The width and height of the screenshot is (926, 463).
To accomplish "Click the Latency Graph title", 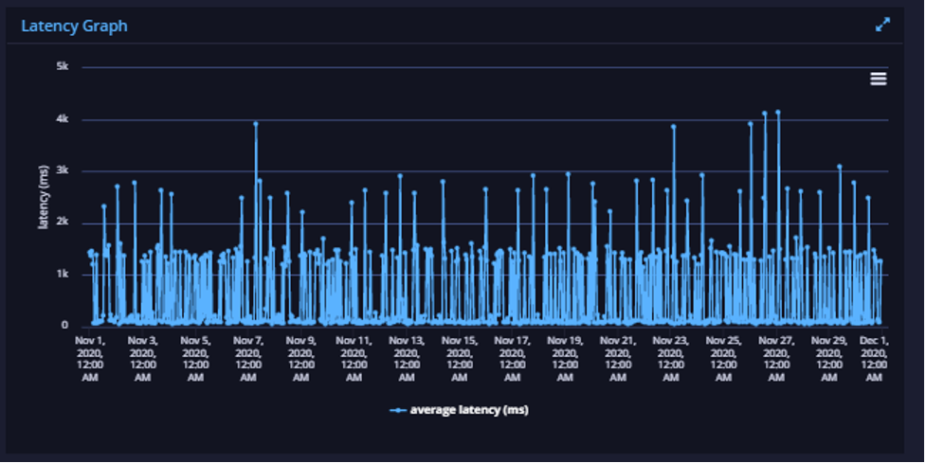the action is (75, 27).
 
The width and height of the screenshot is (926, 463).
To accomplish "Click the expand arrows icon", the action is (882, 25).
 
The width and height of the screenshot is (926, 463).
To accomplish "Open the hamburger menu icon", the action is (879, 79).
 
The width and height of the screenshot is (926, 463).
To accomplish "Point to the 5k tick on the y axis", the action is (63, 66).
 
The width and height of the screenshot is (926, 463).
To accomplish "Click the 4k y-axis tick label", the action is (63, 119).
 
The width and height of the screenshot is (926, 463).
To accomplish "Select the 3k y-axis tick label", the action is (63, 170).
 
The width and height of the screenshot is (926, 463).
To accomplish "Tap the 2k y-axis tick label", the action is (63, 222).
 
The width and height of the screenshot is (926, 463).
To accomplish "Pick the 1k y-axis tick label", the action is (63, 274).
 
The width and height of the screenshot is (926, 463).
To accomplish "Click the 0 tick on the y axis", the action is (65, 325).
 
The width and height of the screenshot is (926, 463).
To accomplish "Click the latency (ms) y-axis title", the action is (43, 197).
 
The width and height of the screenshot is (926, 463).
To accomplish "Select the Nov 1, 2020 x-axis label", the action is (90, 359).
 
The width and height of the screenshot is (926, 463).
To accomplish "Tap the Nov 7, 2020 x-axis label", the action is (248, 359).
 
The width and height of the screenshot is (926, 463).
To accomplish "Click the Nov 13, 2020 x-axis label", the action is (407, 359).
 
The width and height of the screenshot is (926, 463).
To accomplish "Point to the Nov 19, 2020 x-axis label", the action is (565, 359).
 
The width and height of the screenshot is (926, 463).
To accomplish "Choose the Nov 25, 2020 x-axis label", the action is (723, 359).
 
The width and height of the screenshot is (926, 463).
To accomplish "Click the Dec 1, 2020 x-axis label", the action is (874, 359).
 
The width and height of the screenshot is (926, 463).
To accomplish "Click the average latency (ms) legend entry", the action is (460, 410).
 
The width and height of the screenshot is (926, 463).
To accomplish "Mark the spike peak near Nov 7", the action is (256, 124).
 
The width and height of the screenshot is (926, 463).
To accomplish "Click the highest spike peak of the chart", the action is (778, 112).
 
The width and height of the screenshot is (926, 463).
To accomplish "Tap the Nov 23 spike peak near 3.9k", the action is (673, 126).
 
